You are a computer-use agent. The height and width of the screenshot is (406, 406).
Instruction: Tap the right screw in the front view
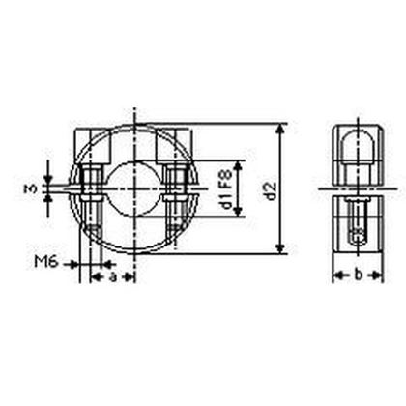[175, 193]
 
